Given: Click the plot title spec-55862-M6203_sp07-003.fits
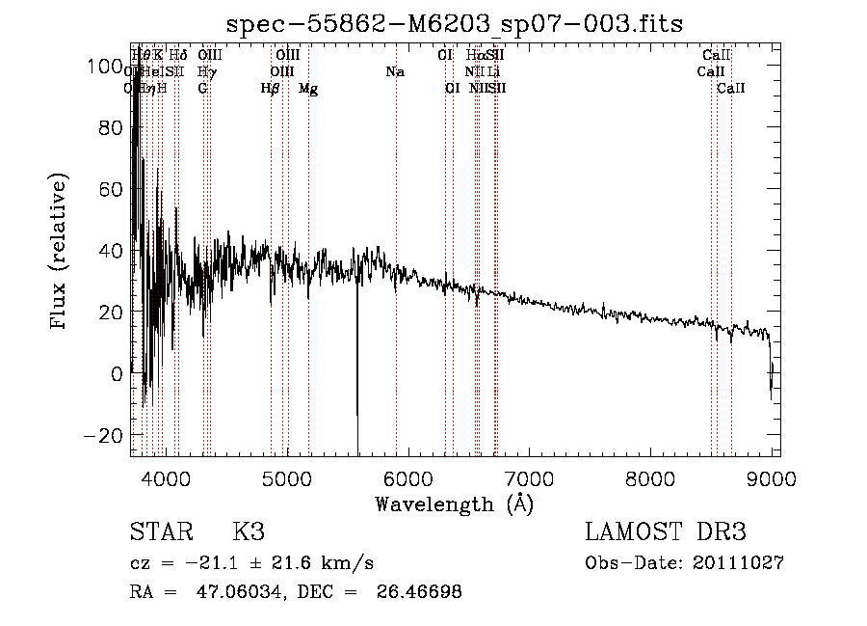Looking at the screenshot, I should pyautogui.click(x=454, y=24).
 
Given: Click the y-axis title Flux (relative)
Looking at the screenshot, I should pyautogui.click(x=60, y=253).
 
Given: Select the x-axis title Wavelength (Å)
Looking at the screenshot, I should pyautogui.click(x=454, y=504).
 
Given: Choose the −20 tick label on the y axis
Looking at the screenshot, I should pyautogui.click(x=104, y=435).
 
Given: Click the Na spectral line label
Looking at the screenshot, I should pyautogui.click(x=394, y=72).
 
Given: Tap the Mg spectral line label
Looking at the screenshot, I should pyautogui.click(x=308, y=89).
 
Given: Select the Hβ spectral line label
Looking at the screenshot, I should pyautogui.click(x=270, y=89).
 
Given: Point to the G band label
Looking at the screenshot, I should pyautogui.click(x=202, y=89).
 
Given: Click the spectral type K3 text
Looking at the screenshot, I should pyautogui.click(x=249, y=532).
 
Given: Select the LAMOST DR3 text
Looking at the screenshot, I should pyautogui.click(x=666, y=532).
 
